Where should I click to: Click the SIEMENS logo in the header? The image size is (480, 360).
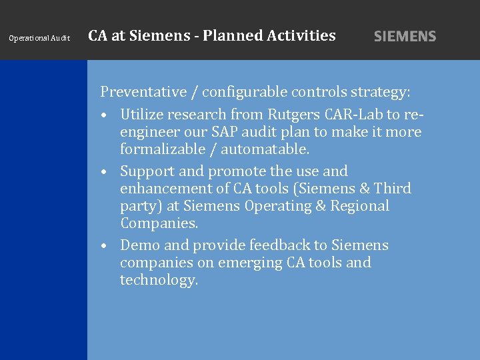point(405,37)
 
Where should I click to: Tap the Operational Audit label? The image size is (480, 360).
point(39,38)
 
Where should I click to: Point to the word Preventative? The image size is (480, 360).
point(143,91)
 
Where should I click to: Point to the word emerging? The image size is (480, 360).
point(245,263)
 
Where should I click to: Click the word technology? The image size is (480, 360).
point(159,280)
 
